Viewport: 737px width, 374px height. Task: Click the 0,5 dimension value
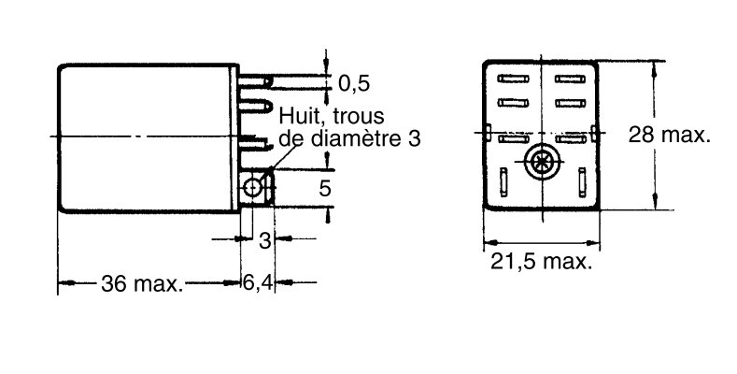click(354, 84)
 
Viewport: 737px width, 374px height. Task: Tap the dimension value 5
click(324, 189)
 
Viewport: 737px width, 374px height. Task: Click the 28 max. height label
click(669, 135)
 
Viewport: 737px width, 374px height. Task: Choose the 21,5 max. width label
click(541, 263)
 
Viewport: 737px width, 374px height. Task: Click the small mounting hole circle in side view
click(252, 190)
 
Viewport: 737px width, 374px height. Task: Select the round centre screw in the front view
click(540, 163)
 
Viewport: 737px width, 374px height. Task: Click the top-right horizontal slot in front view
click(567, 80)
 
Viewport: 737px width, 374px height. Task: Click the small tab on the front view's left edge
click(488, 131)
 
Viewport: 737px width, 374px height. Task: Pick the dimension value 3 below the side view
click(264, 240)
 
